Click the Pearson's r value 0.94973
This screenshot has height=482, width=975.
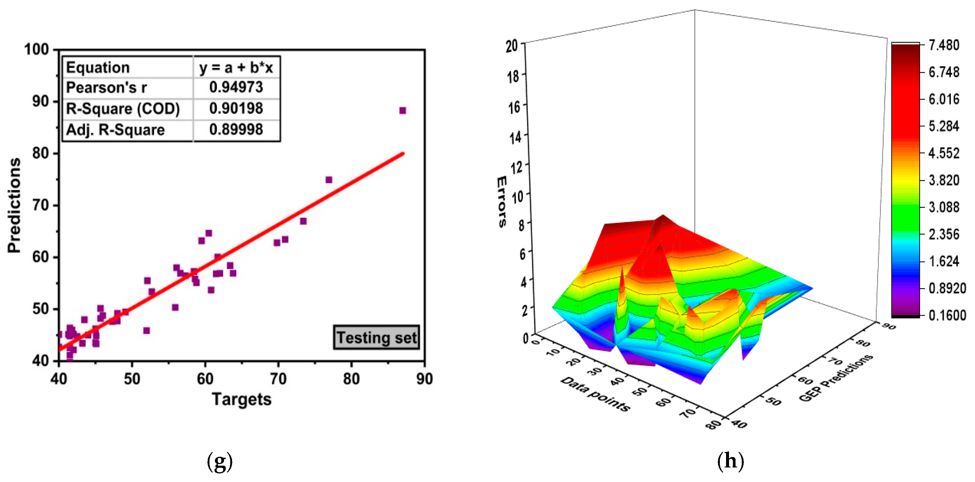point(236,88)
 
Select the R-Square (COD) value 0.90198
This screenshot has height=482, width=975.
point(236,109)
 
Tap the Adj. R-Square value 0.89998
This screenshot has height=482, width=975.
point(236,129)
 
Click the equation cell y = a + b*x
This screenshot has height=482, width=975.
point(236,67)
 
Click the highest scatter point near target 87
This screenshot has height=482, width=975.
point(403,111)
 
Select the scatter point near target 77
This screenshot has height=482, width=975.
point(329,180)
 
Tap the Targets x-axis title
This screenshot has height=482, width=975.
point(242,399)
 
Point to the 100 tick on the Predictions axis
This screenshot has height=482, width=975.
point(37,50)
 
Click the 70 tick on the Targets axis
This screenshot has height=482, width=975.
point(278,379)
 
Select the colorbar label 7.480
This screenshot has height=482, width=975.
point(944,45)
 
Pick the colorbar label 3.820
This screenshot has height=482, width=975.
point(944,180)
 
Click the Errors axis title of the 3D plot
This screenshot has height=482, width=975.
point(502,202)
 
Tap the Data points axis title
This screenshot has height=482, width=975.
point(595,394)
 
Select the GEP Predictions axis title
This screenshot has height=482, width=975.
point(836,378)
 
